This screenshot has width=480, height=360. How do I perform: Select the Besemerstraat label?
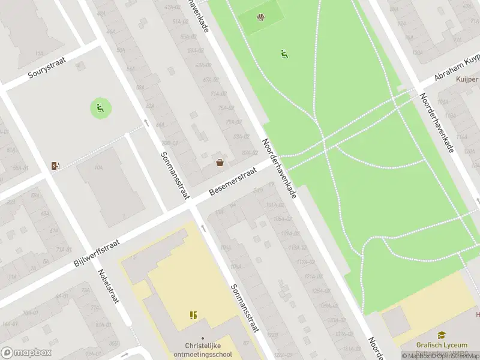(233, 181)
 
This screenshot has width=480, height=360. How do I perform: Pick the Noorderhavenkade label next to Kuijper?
(436, 122)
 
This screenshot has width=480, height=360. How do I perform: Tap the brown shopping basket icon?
(220, 162)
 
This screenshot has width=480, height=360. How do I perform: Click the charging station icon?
(56, 166)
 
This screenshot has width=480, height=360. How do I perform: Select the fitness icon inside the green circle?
(100, 108)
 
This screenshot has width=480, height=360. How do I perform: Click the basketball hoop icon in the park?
(260, 17)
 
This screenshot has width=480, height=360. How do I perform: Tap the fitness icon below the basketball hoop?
(284, 54)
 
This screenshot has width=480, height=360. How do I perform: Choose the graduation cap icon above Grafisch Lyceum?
(441, 335)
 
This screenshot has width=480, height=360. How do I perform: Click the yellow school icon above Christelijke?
(193, 315)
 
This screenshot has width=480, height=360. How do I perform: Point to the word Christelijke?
(202, 346)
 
